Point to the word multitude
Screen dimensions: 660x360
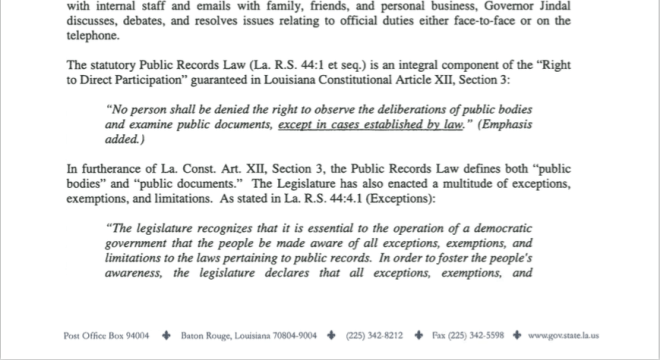(x=474, y=182)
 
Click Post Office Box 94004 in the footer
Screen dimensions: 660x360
(x=106, y=336)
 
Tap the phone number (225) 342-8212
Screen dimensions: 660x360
(x=375, y=336)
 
